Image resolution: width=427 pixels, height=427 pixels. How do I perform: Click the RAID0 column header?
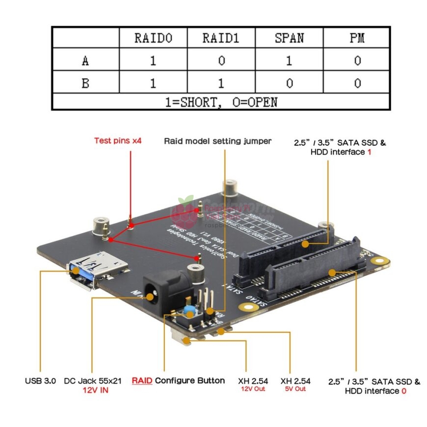153,38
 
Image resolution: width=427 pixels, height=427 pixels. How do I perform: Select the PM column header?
357,38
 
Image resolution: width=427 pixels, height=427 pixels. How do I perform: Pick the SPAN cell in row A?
289,60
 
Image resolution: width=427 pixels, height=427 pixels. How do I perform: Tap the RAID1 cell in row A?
221,60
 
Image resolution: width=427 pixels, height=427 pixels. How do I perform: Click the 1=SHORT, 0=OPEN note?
221,102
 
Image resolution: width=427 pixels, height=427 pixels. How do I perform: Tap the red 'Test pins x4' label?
118,141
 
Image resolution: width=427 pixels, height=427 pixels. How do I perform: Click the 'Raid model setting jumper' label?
217,141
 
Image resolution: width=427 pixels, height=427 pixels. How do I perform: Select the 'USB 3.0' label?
40,380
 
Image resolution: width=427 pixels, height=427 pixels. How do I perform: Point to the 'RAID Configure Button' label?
178,380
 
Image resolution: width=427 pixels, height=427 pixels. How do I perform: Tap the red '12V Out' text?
253,389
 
